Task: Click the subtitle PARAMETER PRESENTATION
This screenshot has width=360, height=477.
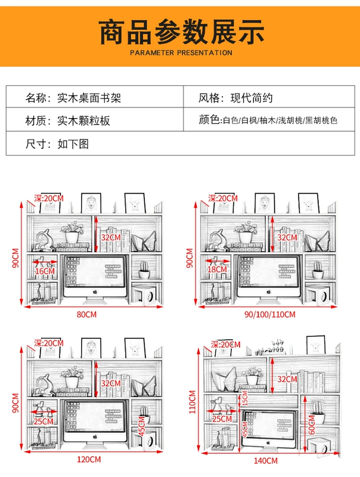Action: (181, 52)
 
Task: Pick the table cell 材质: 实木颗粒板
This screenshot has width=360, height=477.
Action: (68, 120)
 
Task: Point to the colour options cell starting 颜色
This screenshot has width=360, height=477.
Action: (268, 120)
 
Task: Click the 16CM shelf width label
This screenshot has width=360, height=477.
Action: (45, 271)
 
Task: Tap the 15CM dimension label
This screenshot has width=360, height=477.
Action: (244, 399)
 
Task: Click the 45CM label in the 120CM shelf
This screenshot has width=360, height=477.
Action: (142, 428)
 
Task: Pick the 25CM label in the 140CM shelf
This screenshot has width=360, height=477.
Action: (222, 419)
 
